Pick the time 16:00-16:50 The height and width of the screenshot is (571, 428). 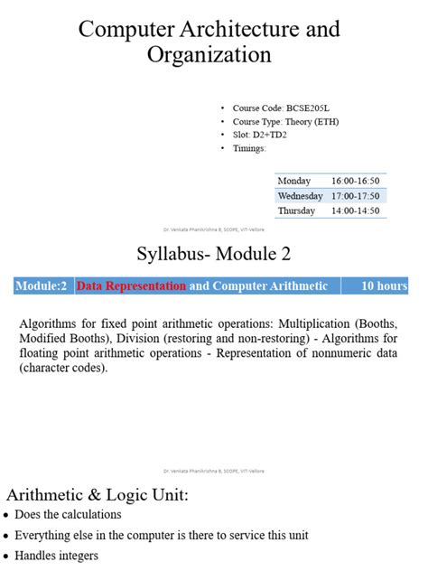(x=356, y=181)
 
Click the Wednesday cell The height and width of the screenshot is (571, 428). (x=300, y=195)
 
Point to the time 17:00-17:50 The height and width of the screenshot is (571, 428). (x=356, y=195)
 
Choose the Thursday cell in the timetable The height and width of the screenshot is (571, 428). (x=296, y=211)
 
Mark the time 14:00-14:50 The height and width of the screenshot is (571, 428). (x=356, y=211)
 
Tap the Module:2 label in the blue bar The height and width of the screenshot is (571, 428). (x=42, y=286)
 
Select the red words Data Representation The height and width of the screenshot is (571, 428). (x=131, y=286)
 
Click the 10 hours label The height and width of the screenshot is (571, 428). (x=384, y=286)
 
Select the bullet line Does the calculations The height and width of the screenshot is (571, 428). (x=68, y=515)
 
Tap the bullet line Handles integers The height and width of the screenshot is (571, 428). (x=56, y=556)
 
